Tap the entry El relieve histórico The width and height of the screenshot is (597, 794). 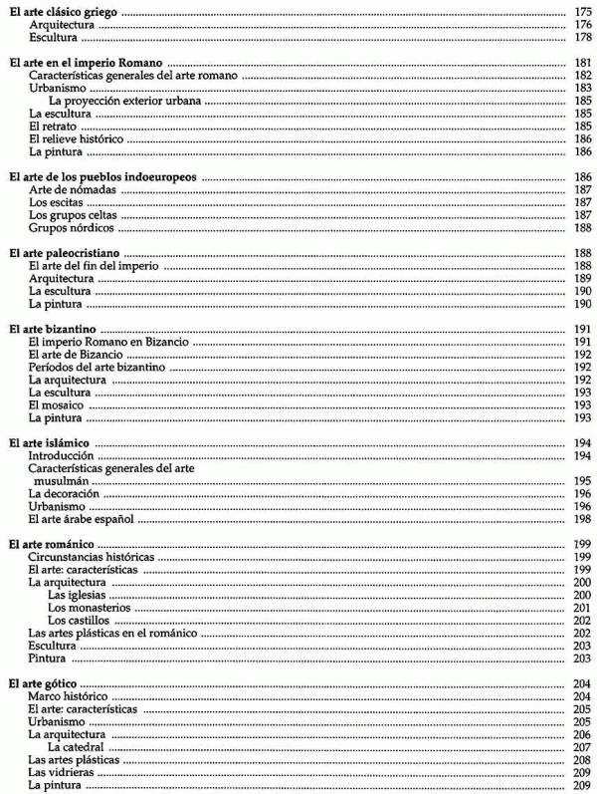[75, 139]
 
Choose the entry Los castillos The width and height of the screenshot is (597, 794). [78, 621]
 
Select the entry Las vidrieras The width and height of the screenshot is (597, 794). [64, 773]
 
